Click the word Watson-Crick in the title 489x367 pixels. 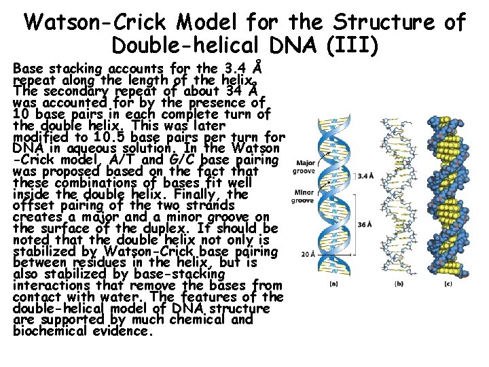coord(96,22)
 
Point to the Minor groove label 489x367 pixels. coord(303,197)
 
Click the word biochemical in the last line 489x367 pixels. coord(46,331)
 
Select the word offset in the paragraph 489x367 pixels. coord(31,205)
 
